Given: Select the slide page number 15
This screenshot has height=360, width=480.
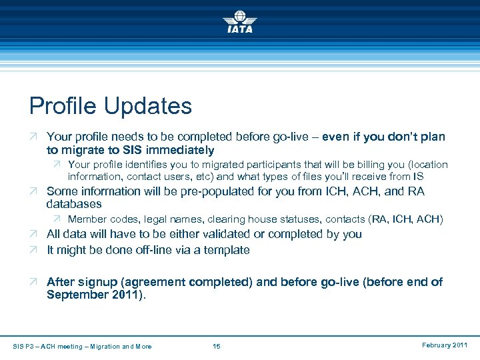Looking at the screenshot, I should tap(216, 346).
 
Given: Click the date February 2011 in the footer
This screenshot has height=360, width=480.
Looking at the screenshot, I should tap(445, 345).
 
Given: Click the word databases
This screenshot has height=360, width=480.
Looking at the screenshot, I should tap(74, 204).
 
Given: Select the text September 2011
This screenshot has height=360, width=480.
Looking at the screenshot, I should tap(95, 295).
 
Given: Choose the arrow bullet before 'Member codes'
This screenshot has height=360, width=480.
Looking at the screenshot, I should tap(57, 219).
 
